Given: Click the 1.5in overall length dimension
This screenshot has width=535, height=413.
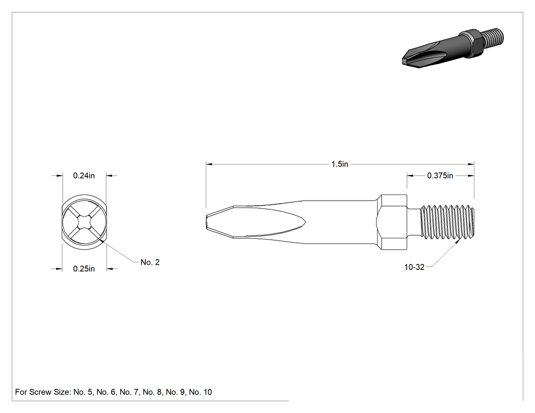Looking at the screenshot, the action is (340, 164).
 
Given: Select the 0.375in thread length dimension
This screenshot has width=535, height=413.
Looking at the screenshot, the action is (440, 176).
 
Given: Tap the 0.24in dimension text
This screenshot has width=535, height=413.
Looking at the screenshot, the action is (84, 176).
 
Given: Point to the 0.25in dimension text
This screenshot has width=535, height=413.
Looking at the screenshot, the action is (84, 269).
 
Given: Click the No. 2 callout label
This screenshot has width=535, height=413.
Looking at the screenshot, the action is (150, 262).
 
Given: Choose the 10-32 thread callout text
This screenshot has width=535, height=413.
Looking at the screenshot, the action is (414, 267).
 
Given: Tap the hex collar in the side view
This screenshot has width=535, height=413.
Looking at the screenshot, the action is (392, 222).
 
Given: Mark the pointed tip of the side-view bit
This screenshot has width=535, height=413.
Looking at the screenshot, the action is (207, 222).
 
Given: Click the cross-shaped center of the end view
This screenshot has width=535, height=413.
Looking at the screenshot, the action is (84, 223).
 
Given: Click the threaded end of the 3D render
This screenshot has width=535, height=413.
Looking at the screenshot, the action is (492, 37).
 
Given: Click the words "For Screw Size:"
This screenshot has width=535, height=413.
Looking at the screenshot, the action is (43, 392).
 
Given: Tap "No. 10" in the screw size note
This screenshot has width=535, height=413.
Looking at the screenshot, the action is (200, 392).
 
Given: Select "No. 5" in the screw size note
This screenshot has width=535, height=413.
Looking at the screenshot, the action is (83, 392).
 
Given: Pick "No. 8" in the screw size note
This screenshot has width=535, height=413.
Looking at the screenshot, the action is (152, 392).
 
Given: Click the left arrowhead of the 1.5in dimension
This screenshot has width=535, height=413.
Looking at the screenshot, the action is (209, 164).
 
